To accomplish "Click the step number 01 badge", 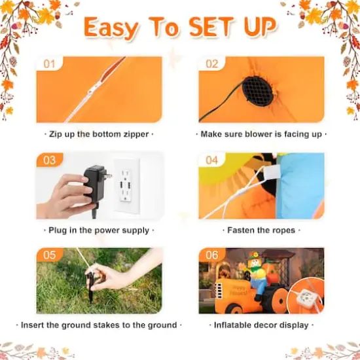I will (x=48, y=64).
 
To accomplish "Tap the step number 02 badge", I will (x=211, y=64).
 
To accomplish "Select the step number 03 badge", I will (x=50, y=160).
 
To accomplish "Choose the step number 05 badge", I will (x=49, y=255).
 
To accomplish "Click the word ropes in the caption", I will (x=282, y=230).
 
